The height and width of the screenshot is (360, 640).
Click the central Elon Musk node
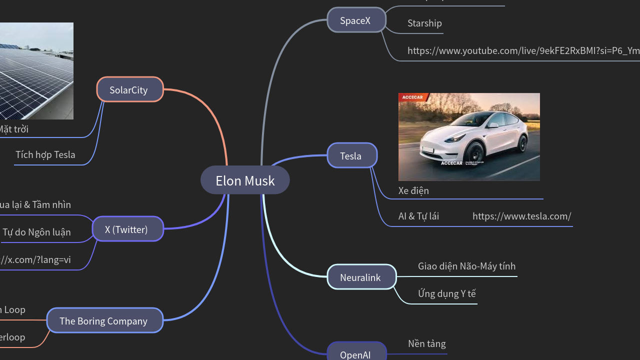click(245, 180)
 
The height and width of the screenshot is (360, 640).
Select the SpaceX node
click(356, 20)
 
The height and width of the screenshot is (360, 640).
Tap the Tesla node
click(351, 156)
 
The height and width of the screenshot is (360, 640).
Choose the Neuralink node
click(361, 277)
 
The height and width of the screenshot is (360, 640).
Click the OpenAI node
click(356, 353)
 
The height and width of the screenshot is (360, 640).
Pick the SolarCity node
click(129, 90)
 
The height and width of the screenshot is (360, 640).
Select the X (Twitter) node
click(127, 229)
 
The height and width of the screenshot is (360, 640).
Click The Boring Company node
click(104, 321)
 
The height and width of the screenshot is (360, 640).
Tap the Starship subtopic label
click(424, 23)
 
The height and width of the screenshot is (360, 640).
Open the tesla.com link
click(521, 216)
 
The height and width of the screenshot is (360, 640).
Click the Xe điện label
click(413, 191)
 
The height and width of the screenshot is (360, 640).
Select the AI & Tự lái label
click(418, 216)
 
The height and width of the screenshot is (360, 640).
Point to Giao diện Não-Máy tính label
click(466, 266)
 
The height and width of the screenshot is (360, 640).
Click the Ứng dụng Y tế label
click(446, 294)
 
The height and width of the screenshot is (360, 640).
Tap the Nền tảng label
click(426, 344)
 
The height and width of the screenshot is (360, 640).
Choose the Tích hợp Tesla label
click(45, 155)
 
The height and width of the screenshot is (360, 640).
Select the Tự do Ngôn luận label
click(36, 232)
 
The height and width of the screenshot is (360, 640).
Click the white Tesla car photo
click(469, 136)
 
